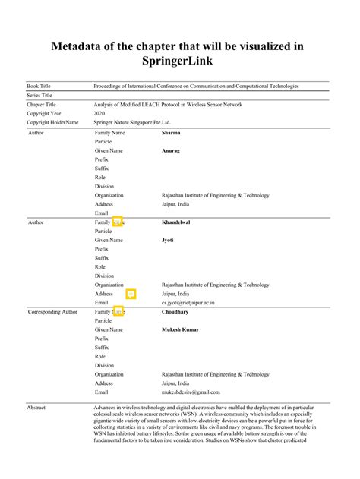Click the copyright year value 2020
click(x=100, y=113)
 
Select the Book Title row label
click(x=41, y=87)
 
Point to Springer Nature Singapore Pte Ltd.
click(x=131, y=122)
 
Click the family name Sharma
click(x=172, y=133)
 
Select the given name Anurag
click(x=171, y=150)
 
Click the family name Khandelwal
click(x=178, y=222)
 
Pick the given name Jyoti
click(x=169, y=240)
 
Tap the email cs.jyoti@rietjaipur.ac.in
click(x=188, y=302)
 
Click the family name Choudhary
click(x=175, y=312)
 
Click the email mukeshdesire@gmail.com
click(x=191, y=392)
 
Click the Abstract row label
click(x=36, y=408)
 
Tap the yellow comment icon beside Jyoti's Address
click(x=131, y=293)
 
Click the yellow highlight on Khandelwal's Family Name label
click(x=118, y=222)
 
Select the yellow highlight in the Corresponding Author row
click(x=118, y=312)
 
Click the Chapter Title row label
click(x=43, y=104)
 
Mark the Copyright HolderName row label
click(x=53, y=122)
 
